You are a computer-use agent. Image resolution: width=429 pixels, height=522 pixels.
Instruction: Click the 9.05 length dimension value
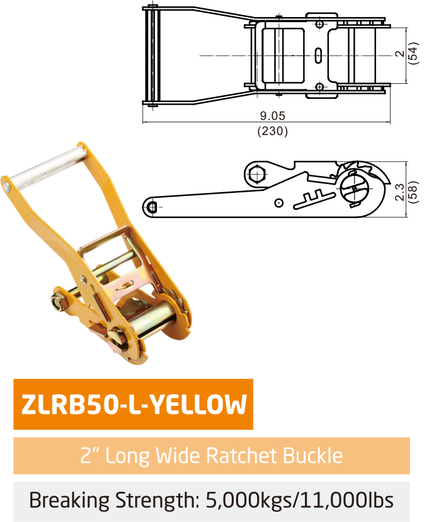tap(272, 116)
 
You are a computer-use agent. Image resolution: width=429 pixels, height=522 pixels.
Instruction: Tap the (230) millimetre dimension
tap(272, 131)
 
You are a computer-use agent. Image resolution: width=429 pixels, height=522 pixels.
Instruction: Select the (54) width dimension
tap(413, 53)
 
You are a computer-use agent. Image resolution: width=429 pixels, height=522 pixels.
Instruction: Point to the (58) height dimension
tap(413, 192)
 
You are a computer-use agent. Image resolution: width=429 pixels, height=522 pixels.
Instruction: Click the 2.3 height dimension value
tap(400, 192)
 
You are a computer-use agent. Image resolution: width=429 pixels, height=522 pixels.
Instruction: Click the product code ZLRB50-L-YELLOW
tap(134, 405)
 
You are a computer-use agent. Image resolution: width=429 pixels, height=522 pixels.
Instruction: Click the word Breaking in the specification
tap(69, 501)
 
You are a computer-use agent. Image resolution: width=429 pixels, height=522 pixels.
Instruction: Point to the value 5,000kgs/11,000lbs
tap(300, 500)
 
